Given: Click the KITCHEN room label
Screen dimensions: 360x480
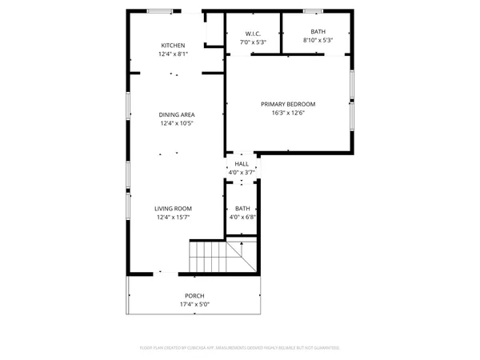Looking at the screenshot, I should [x=173, y=46].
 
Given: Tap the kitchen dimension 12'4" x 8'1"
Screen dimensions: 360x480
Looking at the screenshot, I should [x=173, y=54].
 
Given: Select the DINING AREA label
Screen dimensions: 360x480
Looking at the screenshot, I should [x=177, y=114].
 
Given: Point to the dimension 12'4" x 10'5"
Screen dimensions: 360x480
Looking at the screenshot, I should [x=177, y=123].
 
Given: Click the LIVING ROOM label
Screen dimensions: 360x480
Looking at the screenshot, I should [x=173, y=208].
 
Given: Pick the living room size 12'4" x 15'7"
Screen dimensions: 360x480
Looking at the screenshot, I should [x=173, y=217].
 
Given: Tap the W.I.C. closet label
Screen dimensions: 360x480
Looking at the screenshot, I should [x=252, y=33].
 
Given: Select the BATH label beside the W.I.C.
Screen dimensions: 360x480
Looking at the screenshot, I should [x=318, y=32].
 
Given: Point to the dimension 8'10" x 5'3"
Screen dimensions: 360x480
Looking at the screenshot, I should [x=318, y=40].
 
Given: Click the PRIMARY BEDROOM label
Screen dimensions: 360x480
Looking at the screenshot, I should [x=288, y=104].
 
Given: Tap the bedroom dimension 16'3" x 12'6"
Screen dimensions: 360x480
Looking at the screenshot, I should [x=288, y=113].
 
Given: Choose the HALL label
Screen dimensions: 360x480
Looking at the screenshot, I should [x=242, y=164].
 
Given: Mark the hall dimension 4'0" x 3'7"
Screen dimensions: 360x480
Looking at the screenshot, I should [x=242, y=172].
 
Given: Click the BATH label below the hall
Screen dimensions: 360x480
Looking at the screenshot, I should [x=242, y=208].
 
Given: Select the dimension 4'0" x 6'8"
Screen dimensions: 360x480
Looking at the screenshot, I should [x=242, y=217].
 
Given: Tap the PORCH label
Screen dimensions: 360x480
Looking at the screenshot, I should [x=195, y=295].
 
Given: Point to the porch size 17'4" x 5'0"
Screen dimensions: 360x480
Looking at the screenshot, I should [x=195, y=304].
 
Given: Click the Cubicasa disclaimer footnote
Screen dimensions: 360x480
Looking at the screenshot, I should [x=240, y=348].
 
